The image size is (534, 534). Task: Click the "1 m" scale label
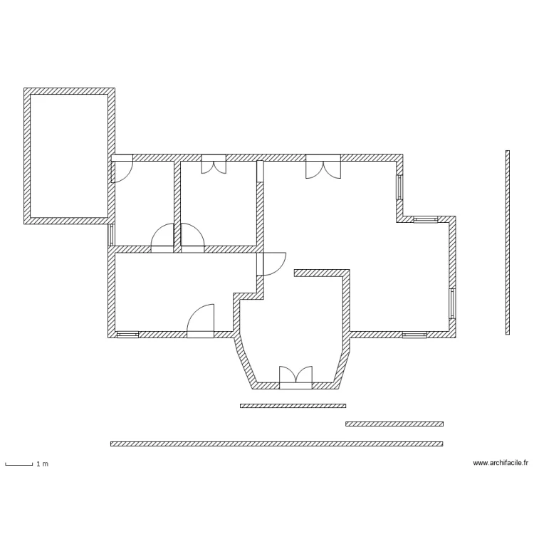[x=43, y=464]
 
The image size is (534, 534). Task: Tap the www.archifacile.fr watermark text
[x=501, y=463]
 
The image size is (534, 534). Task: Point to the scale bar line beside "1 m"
[x=19, y=465]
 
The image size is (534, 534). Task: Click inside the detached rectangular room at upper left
[x=69, y=156]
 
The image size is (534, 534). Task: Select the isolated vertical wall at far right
[x=508, y=242]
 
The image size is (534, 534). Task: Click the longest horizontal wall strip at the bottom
[x=276, y=444]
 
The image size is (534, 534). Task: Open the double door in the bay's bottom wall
[x=295, y=378]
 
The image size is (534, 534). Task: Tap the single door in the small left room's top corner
[x=122, y=168]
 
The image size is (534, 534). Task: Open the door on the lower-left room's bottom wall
[x=201, y=322]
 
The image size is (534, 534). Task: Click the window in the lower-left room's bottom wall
[x=127, y=334]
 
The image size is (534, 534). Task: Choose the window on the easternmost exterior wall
[x=452, y=303]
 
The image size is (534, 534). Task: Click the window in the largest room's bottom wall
[x=414, y=334]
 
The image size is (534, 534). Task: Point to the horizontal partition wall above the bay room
[x=322, y=272]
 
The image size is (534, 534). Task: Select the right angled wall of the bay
[x=343, y=363]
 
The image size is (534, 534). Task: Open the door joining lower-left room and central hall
[x=273, y=263]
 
